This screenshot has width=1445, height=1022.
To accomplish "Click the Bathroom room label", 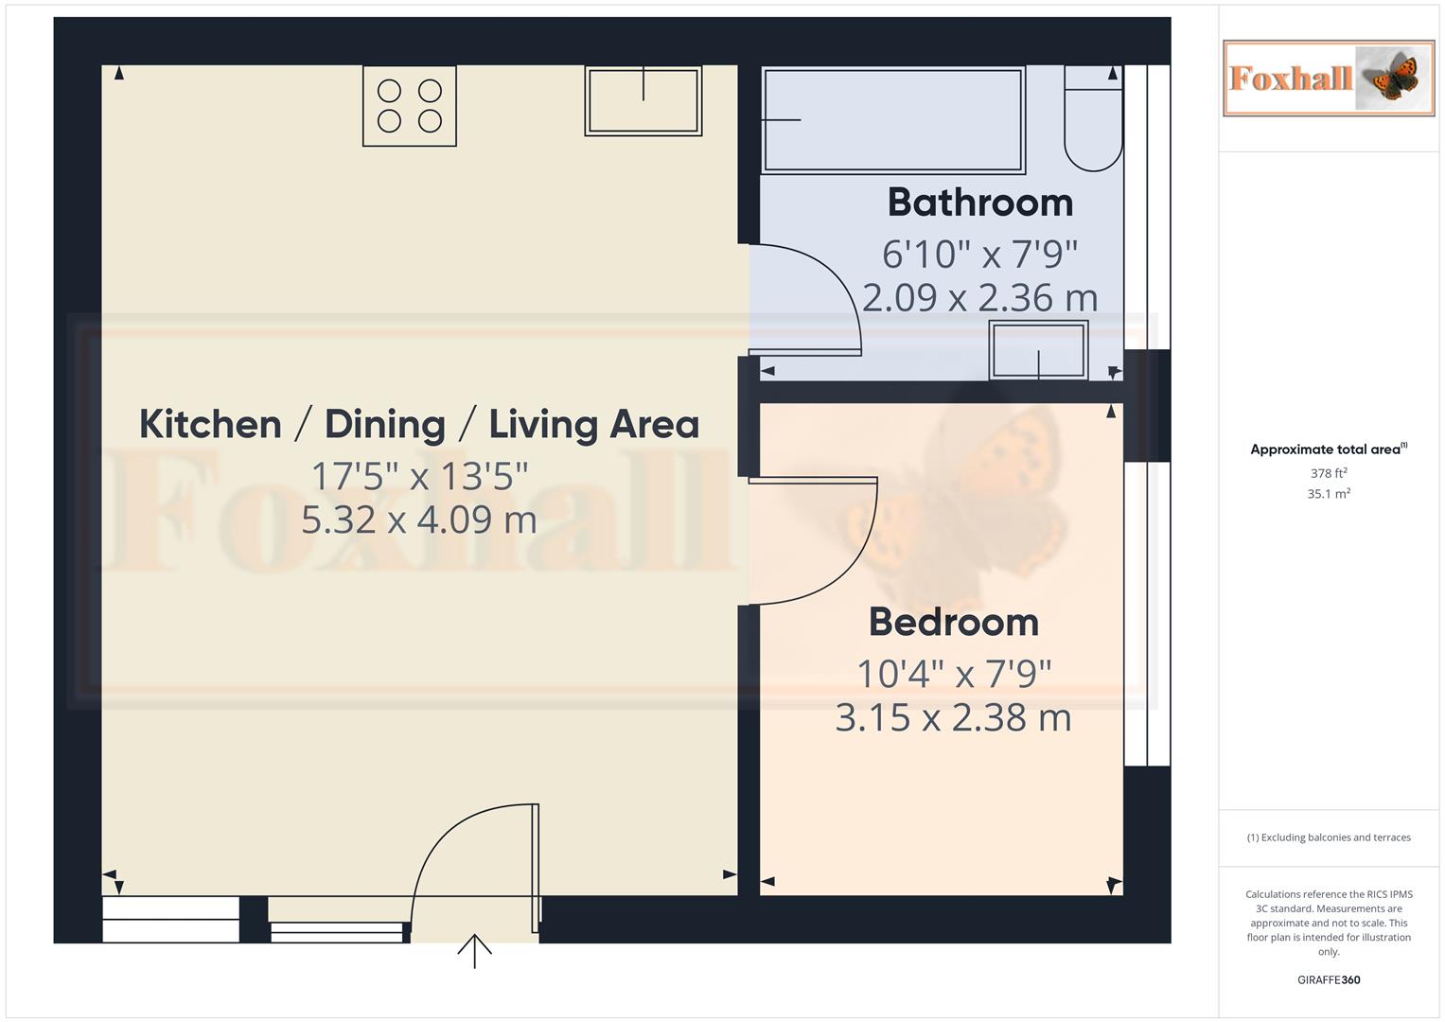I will [979, 203].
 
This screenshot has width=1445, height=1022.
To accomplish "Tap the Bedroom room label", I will [953, 622].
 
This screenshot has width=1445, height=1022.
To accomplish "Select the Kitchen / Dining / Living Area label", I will [419, 424].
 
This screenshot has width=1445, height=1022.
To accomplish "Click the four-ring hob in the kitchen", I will [410, 106].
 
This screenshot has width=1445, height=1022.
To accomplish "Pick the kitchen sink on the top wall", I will [643, 101].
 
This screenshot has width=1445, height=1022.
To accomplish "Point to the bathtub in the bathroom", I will [892, 120].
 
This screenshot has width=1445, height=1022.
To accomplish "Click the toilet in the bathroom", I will [1093, 118].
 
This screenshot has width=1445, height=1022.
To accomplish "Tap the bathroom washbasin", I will [1038, 349].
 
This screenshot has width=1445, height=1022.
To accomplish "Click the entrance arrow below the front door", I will [474, 950].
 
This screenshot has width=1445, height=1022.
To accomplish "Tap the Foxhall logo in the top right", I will [1328, 78].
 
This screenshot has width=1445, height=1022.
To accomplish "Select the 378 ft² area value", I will [1328, 473].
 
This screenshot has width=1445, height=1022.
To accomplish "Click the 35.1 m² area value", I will [1328, 494].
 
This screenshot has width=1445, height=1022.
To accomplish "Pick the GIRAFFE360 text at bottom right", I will [1328, 979].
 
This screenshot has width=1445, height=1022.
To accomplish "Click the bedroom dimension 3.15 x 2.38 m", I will [953, 717].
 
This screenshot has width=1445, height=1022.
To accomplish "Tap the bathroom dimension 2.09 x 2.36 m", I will [979, 298].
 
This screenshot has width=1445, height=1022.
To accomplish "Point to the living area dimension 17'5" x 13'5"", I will [419, 476].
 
